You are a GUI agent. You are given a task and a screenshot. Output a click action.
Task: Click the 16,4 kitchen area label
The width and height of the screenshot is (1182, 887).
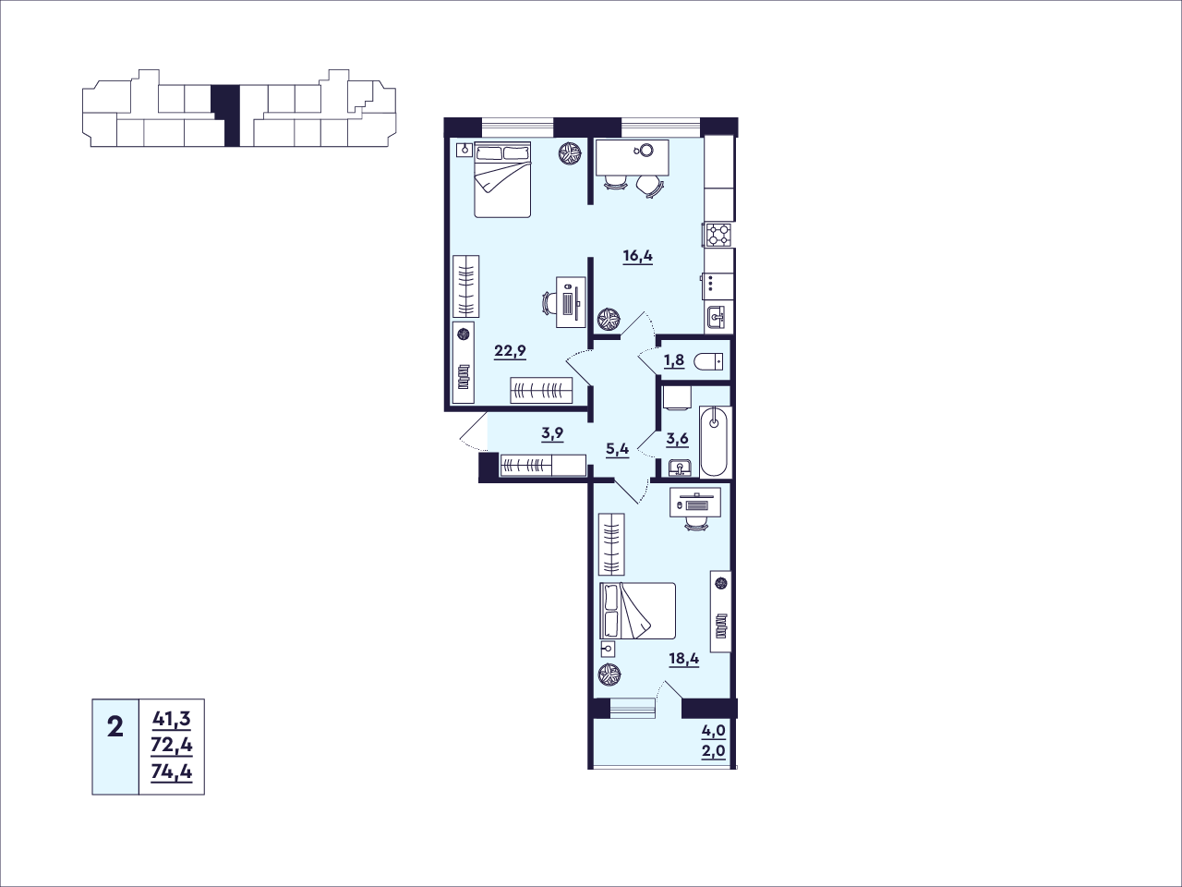(637, 256)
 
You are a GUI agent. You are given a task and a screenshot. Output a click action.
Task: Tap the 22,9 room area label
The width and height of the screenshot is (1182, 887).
(510, 352)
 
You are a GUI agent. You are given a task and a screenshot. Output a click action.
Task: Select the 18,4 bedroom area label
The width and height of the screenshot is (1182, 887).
(684, 659)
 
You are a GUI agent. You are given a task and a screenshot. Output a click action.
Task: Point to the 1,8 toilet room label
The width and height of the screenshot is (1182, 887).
(674, 359)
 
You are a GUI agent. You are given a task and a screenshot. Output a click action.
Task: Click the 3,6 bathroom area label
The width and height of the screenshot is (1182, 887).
(678, 439)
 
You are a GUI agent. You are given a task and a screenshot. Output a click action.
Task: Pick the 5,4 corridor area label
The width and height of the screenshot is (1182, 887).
(617, 450)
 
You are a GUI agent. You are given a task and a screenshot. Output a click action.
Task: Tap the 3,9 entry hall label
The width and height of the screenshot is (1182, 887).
(552, 433)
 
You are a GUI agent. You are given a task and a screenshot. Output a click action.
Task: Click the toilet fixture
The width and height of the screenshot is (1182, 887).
(709, 361)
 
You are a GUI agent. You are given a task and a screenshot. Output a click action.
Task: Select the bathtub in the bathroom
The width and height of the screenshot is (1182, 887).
(715, 442)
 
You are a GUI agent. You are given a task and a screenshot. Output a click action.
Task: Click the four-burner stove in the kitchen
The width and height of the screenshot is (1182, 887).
(718, 235)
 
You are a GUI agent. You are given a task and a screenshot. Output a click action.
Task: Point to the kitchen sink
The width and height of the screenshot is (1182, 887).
(718, 317)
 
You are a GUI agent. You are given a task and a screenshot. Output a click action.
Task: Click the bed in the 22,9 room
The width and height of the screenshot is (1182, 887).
(502, 180)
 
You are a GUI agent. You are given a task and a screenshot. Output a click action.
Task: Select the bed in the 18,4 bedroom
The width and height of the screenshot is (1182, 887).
(637, 611)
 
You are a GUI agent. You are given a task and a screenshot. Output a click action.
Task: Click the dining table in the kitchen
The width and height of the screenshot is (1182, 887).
(633, 158)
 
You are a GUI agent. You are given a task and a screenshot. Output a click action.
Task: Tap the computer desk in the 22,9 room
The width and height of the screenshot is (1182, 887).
(571, 302)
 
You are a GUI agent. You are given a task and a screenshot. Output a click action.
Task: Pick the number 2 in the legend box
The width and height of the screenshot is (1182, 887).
(115, 728)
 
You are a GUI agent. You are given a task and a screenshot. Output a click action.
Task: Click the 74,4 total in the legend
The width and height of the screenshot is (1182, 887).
(172, 772)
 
